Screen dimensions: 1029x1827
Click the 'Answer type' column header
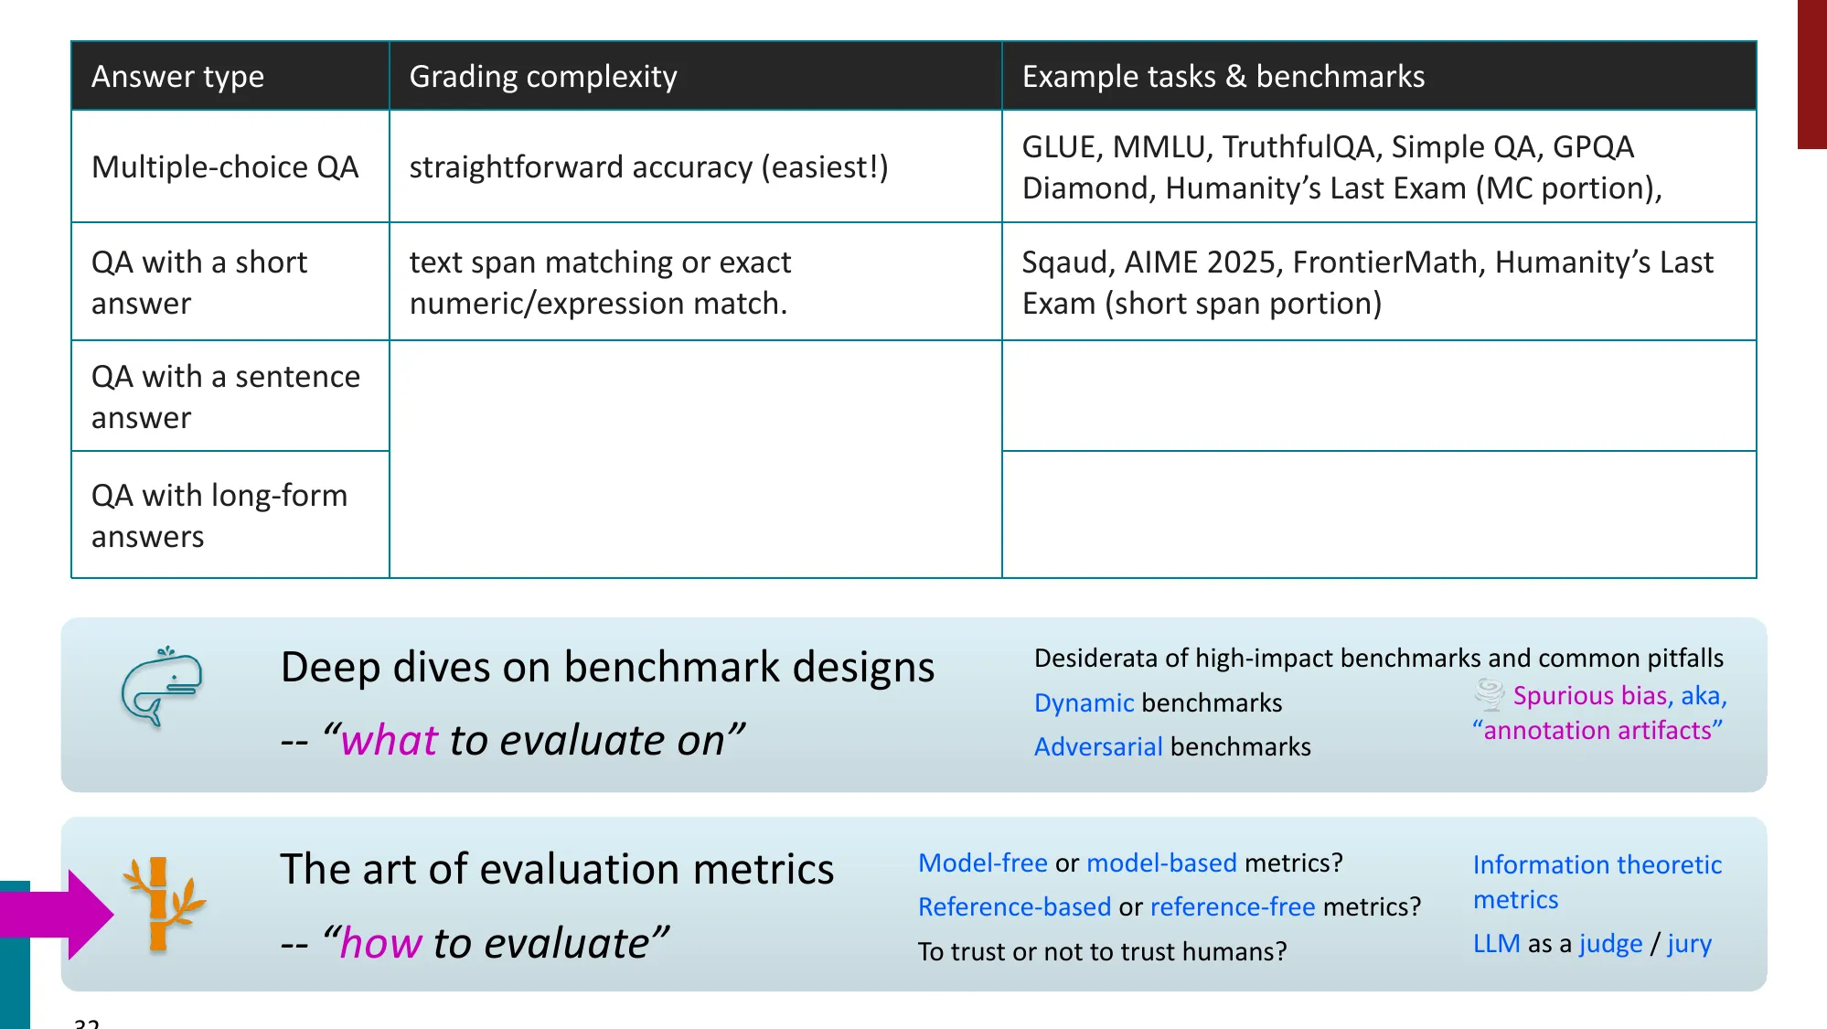pyautogui.click(x=177, y=77)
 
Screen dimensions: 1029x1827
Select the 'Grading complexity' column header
pyautogui.click(x=542, y=77)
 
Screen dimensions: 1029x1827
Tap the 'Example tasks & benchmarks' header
pyautogui.click(x=1223, y=77)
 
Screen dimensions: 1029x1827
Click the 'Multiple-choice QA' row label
pyautogui.click(x=225, y=167)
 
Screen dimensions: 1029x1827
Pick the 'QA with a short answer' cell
pyautogui.click(x=199, y=283)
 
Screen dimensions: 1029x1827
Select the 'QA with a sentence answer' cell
pyautogui.click(x=225, y=397)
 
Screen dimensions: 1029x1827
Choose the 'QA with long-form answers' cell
pyautogui.click(x=219, y=516)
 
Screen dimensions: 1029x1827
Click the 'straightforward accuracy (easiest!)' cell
pyautogui.click(x=648, y=167)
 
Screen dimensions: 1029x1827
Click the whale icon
pyautogui.click(x=162, y=686)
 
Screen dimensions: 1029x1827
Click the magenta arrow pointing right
pyautogui.click(x=64, y=914)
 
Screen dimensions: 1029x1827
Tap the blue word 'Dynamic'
pyautogui.click(x=1084, y=702)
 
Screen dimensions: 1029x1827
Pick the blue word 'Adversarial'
pyautogui.click(x=1097, y=746)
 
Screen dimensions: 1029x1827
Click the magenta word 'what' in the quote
pyautogui.click(x=389, y=740)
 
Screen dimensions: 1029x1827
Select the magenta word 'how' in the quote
pyautogui.click(x=380, y=943)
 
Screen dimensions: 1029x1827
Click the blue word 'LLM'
pyautogui.click(x=1496, y=943)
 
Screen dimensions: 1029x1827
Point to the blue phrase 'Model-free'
pyautogui.click(x=982, y=863)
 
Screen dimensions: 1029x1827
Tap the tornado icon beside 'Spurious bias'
pyautogui.click(x=1490, y=695)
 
